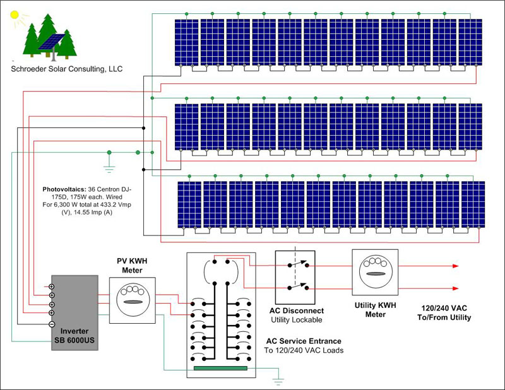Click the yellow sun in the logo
[16, 15]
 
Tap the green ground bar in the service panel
[220, 367]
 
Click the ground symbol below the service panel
[277, 381]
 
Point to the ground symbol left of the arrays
[109, 168]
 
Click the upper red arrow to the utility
[454, 266]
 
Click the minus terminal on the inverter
[52, 323]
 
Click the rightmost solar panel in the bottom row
[473, 204]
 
